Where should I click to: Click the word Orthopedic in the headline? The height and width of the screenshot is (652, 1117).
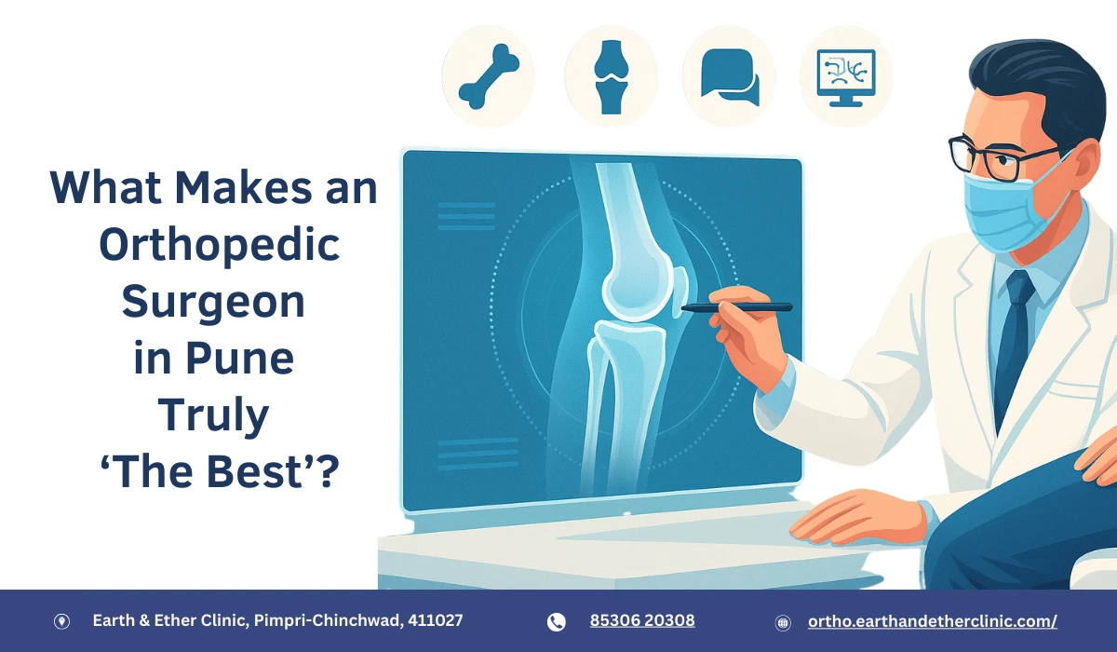[x=219, y=245]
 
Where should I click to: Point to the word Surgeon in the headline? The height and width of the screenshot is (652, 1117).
[x=214, y=302]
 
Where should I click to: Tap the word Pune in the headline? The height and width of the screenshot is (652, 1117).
[x=250, y=359]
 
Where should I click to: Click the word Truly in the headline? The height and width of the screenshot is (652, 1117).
[x=213, y=416]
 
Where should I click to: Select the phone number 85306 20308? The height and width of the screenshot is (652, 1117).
[x=642, y=620]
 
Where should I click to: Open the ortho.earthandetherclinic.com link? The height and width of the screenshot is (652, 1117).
[x=932, y=621]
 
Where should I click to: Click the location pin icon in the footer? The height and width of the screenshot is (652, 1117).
[x=61, y=622]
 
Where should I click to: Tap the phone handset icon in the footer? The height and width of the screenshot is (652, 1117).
[x=557, y=622]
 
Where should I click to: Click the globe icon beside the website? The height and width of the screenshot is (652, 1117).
[x=783, y=622]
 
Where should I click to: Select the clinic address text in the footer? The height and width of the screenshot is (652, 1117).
[x=278, y=620]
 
